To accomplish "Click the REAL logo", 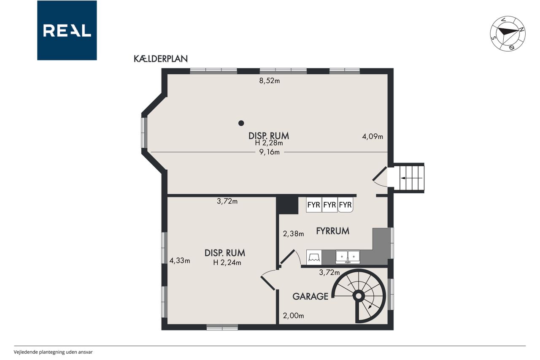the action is pyautogui.click(x=67, y=30).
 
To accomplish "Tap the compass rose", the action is pyautogui.click(x=508, y=34).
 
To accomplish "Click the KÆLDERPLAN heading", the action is pyautogui.click(x=161, y=59).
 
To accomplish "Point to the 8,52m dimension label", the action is pyautogui.click(x=270, y=81).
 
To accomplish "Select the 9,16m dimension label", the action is pyautogui.click(x=270, y=152).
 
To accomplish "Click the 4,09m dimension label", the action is pyautogui.click(x=373, y=137).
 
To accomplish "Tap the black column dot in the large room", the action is pyautogui.click(x=241, y=123).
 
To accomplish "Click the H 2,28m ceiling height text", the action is pyautogui.click(x=269, y=143).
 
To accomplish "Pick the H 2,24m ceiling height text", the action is pyautogui.click(x=227, y=263).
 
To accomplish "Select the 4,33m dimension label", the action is pyautogui.click(x=180, y=261).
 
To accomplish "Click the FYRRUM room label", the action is pyautogui.click(x=333, y=231).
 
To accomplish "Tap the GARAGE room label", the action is pyautogui.click(x=310, y=296).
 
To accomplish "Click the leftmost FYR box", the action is pyautogui.click(x=313, y=205).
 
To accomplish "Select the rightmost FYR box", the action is pyautogui.click(x=345, y=205).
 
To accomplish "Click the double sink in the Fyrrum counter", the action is pyautogui.click(x=348, y=257).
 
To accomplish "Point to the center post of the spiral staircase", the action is pyautogui.click(x=359, y=296).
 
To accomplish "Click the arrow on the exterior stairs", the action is pyautogui.click(x=411, y=178).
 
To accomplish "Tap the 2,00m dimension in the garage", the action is pyautogui.click(x=293, y=316).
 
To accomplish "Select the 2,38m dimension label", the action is pyautogui.click(x=293, y=234).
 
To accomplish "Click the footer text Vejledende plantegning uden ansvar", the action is pyautogui.click(x=53, y=352).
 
